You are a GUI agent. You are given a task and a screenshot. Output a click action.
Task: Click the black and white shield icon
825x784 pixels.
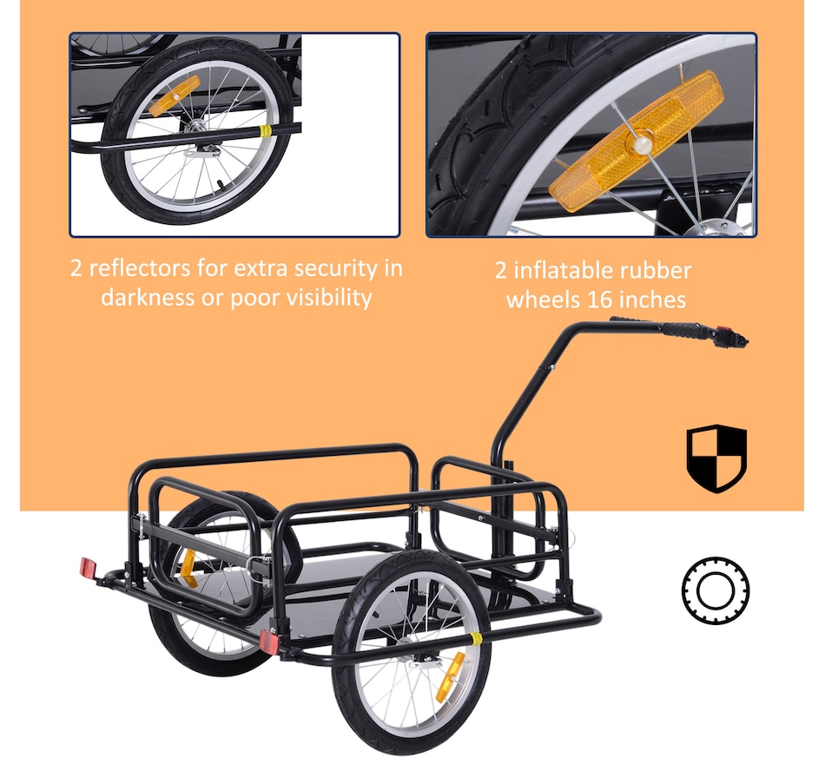point(716,458)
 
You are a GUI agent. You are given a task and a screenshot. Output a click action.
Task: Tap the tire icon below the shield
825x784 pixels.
point(716,590)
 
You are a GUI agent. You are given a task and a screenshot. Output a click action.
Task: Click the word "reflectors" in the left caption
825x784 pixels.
point(140,267)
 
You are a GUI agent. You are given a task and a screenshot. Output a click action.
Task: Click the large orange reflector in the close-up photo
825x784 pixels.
point(636,141)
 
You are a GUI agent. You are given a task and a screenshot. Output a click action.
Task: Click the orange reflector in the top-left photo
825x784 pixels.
point(175,96)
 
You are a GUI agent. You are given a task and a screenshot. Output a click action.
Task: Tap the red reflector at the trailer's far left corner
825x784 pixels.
point(89,569)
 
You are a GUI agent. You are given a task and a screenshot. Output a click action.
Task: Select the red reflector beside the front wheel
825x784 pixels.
point(269,642)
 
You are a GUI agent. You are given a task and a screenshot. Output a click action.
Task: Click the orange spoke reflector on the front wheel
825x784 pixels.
point(451,676)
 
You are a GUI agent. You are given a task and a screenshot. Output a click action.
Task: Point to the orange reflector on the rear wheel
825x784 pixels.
point(188,569)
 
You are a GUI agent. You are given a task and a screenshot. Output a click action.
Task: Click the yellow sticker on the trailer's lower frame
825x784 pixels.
point(476,639)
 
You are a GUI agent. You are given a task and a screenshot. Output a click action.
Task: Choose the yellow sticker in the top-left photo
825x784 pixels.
point(267,131)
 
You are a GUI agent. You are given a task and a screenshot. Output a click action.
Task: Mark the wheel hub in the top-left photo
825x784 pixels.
point(197,125)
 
